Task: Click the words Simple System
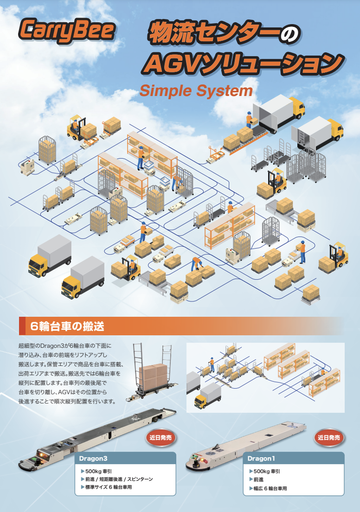tap(196, 90)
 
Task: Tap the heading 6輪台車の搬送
tap(67, 326)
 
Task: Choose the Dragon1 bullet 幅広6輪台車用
tap(270, 488)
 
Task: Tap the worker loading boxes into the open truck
tap(250, 119)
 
